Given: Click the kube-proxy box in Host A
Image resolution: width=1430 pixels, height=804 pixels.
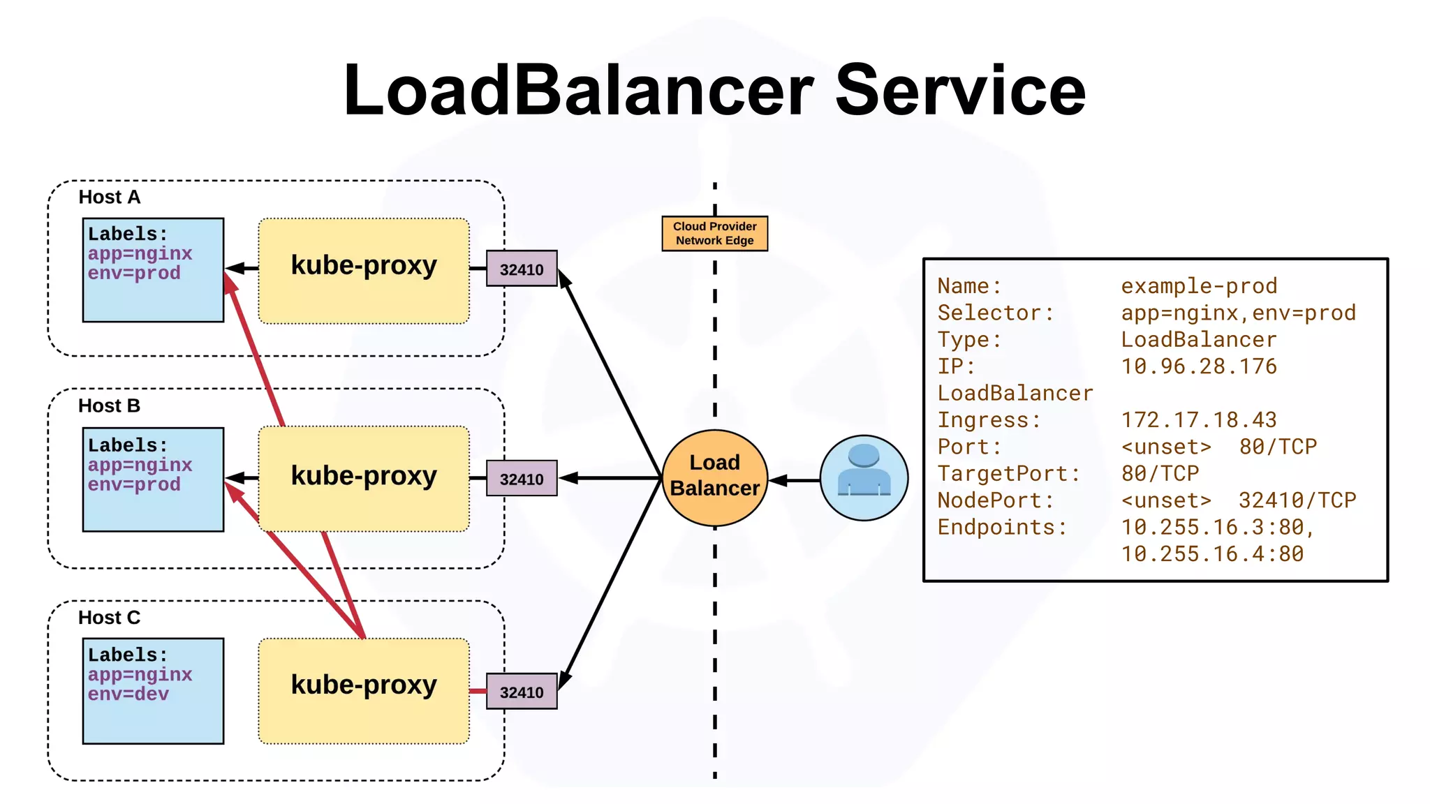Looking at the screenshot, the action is pyautogui.click(x=364, y=271).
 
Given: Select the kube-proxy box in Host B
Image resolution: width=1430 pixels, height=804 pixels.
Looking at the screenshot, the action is pyautogui.click(x=364, y=479).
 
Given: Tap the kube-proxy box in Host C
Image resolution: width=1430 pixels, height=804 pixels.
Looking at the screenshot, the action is pyautogui.click(x=364, y=691).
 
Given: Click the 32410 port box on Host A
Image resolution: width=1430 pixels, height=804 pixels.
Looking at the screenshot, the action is pyautogui.click(x=522, y=269).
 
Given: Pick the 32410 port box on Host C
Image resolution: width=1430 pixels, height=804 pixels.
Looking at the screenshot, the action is pyautogui.click(x=522, y=691).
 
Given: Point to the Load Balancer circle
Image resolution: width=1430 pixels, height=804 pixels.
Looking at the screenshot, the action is pyautogui.click(x=714, y=478).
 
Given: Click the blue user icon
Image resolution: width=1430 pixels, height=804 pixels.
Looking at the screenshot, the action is pyautogui.click(x=864, y=478).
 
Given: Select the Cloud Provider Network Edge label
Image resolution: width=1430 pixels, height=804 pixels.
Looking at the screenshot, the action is pyautogui.click(x=714, y=233).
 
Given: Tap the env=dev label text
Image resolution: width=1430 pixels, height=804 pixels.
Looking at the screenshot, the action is pyautogui.click(x=128, y=694).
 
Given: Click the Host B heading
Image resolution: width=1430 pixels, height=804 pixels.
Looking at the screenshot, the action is pyautogui.click(x=109, y=405).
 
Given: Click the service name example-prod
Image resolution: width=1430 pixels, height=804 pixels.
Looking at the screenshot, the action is pyautogui.click(x=1199, y=286).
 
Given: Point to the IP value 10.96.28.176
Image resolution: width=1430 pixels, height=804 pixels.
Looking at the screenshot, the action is pyautogui.click(x=1199, y=366).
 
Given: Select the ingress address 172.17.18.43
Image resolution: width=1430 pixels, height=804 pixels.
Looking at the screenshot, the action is pyautogui.click(x=1199, y=420).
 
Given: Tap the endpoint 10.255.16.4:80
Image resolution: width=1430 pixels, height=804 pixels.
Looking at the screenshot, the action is pyautogui.click(x=1212, y=554).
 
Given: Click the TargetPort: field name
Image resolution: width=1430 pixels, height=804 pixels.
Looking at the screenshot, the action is pyautogui.click(x=1009, y=474).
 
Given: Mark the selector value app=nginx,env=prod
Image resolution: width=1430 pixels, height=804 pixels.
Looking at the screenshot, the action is pyautogui.click(x=1238, y=313).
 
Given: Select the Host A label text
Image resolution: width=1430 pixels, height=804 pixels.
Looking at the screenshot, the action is pyautogui.click(x=109, y=197).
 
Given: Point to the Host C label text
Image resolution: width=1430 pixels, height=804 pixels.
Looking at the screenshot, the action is pyautogui.click(x=109, y=618).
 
